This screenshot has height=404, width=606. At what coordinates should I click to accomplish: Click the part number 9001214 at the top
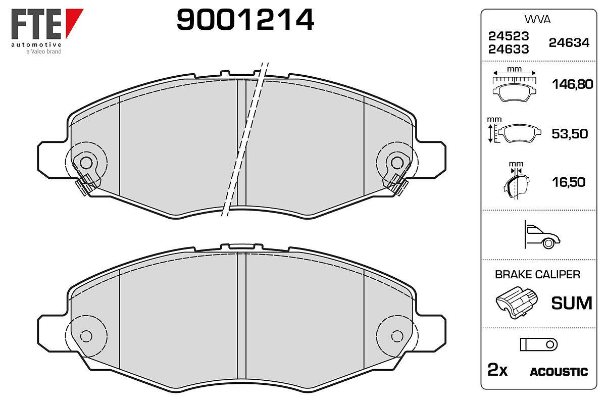245,19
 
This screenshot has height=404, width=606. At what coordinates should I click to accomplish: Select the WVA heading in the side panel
537,20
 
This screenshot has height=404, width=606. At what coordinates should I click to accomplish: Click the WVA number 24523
509,36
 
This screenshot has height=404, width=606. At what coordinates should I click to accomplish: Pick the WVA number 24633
509,49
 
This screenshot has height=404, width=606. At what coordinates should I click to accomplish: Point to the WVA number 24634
569,43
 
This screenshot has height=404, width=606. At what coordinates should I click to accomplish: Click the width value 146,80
573,84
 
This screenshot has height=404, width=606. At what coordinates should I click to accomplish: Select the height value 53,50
570,134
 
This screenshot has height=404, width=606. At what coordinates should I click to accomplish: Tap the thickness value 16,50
569,182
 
